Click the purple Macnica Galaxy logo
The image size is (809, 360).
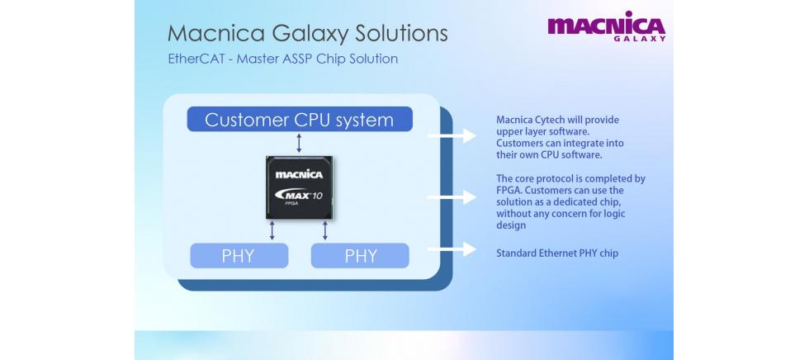pyautogui.click(x=606, y=26)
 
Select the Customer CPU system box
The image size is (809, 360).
pyautogui.click(x=299, y=119)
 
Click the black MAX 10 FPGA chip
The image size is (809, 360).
pyautogui.click(x=299, y=187)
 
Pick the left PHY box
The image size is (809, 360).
pyautogui.click(x=239, y=256)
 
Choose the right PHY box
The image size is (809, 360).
pyautogui.click(x=360, y=256)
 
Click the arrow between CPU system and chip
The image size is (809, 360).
pyautogui.click(x=299, y=143)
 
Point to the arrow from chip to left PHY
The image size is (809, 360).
pyautogui.click(x=272, y=230)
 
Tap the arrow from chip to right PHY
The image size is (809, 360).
pyautogui.click(x=325, y=230)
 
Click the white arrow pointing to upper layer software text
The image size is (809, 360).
pyautogui.click(x=452, y=135)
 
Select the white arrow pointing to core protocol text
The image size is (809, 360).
pyautogui.click(x=452, y=197)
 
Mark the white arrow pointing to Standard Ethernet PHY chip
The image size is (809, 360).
pyautogui.click(x=452, y=249)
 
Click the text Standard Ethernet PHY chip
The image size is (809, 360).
pyautogui.click(x=557, y=253)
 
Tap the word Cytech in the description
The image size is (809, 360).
pyautogui.click(x=547, y=121)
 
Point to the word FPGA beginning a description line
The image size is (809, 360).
pyautogui.click(x=509, y=190)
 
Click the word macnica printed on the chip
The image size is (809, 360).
pyautogui.click(x=299, y=174)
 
